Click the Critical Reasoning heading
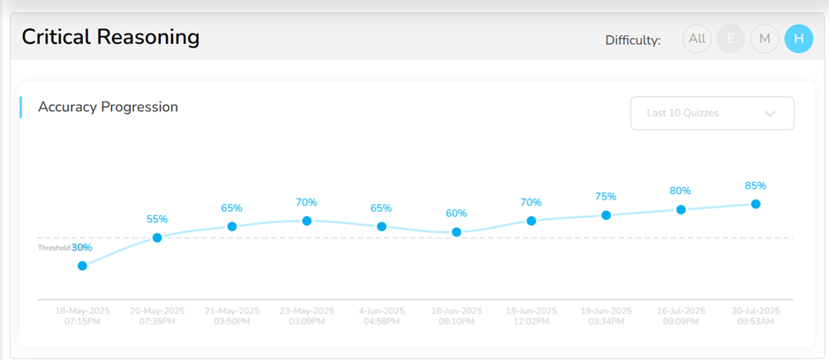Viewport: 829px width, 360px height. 110,37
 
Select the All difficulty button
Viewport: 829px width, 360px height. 697,39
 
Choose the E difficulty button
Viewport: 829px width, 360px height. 730,39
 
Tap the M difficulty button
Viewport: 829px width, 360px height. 765,39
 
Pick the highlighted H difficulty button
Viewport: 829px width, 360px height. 798,39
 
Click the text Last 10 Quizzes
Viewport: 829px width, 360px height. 682,113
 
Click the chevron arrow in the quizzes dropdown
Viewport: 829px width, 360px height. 770,114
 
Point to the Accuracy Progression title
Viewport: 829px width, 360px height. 108,107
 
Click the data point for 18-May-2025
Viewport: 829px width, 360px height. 82,265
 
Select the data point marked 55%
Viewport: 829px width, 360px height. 157,237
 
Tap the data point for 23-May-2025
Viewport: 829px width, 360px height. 306,221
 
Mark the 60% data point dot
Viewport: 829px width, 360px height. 456,232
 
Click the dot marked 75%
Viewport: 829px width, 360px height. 606,215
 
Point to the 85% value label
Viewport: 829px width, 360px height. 756,185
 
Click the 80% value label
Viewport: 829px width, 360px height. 681,191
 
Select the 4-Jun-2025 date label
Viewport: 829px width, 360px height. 381,311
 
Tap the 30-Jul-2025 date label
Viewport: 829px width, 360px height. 756,311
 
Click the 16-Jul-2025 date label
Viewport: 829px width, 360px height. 681,311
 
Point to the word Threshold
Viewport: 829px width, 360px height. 53,248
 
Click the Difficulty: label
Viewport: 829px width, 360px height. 632,40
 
